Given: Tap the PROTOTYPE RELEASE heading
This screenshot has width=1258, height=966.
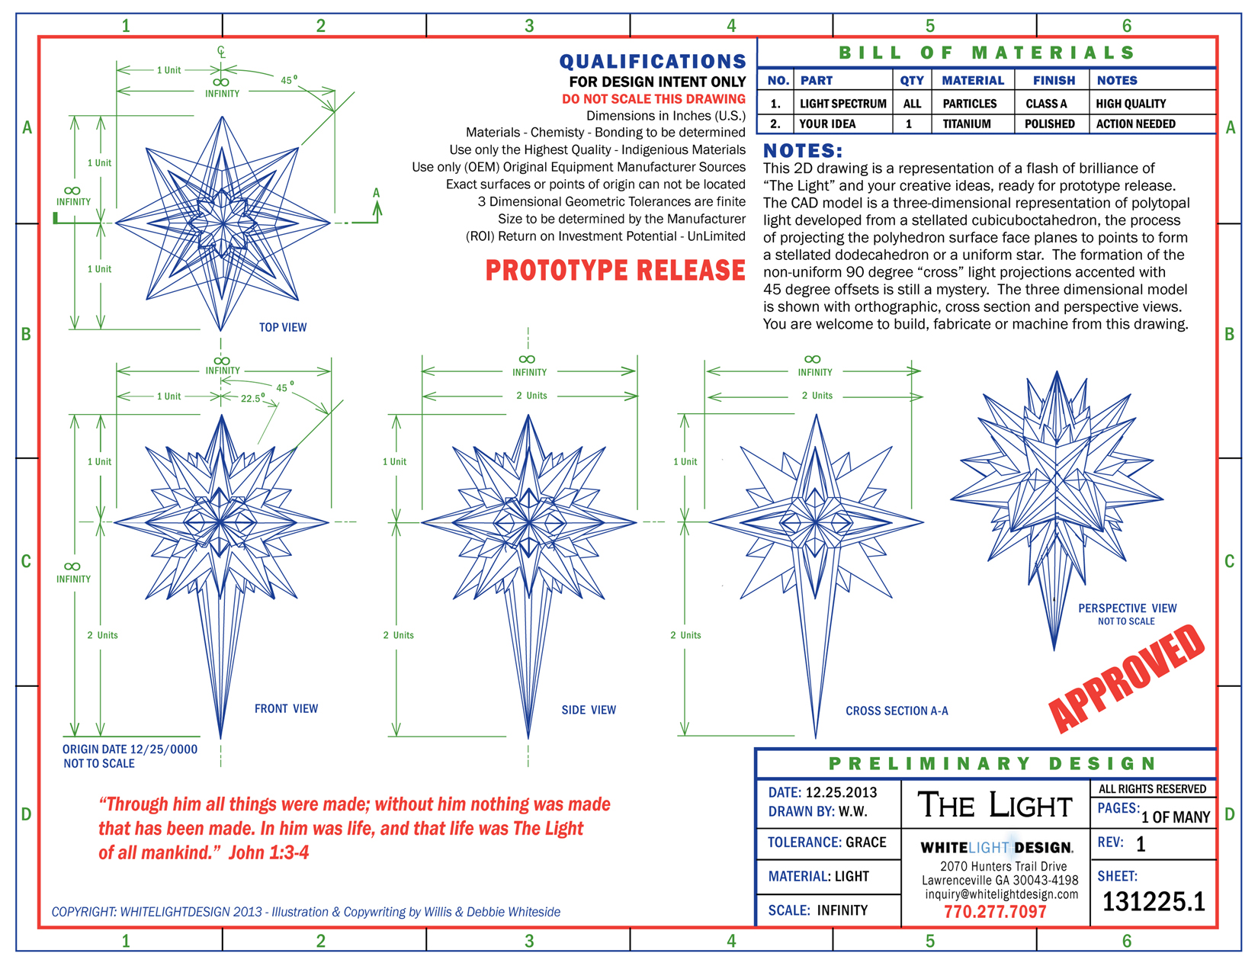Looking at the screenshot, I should pyautogui.click(x=615, y=271).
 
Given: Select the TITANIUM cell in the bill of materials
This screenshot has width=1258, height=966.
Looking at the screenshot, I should pyautogui.click(x=967, y=124).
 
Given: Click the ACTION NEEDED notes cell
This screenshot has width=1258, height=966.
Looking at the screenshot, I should pyautogui.click(x=1135, y=124).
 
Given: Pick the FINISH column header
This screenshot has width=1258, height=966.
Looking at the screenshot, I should pyautogui.click(x=1054, y=80).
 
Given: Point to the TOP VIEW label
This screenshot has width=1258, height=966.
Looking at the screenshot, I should pyautogui.click(x=283, y=327).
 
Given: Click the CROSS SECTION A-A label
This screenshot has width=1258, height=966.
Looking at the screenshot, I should pyautogui.click(x=897, y=711).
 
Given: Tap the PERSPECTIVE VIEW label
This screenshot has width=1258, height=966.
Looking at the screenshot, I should pyautogui.click(x=1127, y=608).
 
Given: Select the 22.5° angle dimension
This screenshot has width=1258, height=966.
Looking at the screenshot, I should pyautogui.click(x=252, y=398).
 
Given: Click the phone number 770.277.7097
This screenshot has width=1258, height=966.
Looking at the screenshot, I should pyautogui.click(x=995, y=912).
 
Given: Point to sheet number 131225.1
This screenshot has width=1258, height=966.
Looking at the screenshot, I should pyautogui.click(x=1154, y=902).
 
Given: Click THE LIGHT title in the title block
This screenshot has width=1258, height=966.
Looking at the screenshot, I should pyautogui.click(x=995, y=805).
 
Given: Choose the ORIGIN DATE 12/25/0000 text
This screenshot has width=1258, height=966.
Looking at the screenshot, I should pyautogui.click(x=130, y=749).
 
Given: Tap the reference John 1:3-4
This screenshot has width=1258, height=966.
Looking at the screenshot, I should pyautogui.click(x=269, y=852).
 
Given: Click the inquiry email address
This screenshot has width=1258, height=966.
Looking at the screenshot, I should pyautogui.click(x=1001, y=894).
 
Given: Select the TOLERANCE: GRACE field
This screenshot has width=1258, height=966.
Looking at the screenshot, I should pyautogui.click(x=826, y=842).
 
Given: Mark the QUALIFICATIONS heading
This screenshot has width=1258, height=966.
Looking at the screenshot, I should pyautogui.click(x=653, y=62).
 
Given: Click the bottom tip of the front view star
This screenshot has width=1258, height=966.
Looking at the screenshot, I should pyautogui.click(x=221, y=737).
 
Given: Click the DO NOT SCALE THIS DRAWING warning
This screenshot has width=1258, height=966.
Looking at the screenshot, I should pyautogui.click(x=653, y=99).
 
